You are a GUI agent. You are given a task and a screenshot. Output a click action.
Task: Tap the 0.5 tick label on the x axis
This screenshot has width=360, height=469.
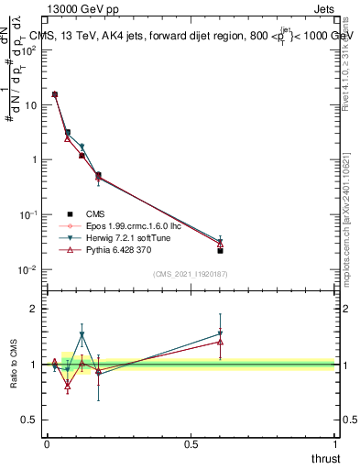pyautogui.click(x=191, y=444)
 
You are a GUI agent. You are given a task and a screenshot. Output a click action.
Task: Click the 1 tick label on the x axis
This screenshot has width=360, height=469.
pyautogui.click(x=336, y=444)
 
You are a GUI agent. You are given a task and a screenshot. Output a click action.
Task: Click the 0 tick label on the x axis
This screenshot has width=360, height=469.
pyautogui.click(x=47, y=444)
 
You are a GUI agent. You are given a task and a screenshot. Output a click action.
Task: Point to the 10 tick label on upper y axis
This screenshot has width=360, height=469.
pyautogui.click(x=29, y=105)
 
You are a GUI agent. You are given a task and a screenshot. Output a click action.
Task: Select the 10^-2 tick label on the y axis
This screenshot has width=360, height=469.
pyautogui.click(x=27, y=269)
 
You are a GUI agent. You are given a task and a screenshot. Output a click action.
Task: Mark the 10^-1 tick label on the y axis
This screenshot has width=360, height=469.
pyautogui.click(x=27, y=214)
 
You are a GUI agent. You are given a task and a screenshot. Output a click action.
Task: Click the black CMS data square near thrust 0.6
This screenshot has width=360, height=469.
pyautogui.click(x=221, y=250)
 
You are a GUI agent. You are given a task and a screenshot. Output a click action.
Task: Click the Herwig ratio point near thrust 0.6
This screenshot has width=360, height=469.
pyautogui.click(x=221, y=334)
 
